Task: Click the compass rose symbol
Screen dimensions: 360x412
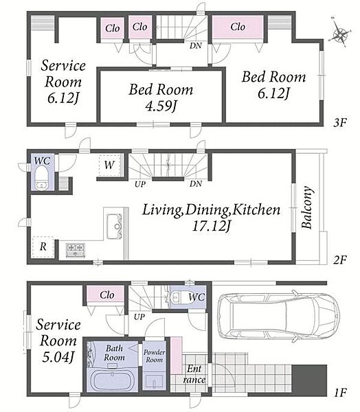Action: (x=340, y=34)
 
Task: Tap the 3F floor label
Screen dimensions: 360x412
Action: (x=340, y=122)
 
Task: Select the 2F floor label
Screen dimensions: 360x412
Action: (x=340, y=260)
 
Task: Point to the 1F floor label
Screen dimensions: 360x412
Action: (x=340, y=393)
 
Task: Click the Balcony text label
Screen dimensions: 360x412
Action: (x=307, y=207)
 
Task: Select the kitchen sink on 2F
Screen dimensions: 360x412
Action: (x=115, y=227)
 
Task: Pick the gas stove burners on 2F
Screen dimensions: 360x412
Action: (x=76, y=250)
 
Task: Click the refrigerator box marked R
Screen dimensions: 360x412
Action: (x=43, y=247)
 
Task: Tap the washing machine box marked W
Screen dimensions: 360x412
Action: (x=110, y=165)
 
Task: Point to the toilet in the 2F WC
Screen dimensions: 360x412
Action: (x=41, y=178)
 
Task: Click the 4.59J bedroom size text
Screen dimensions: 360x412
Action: (x=161, y=106)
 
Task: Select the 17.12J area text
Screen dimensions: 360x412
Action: (x=212, y=226)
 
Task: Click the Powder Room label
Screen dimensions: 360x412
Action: (x=155, y=356)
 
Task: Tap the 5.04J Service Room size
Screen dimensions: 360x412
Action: (x=58, y=357)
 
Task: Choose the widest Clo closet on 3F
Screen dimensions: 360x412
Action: (x=238, y=27)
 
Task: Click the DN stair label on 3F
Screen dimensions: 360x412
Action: (x=196, y=46)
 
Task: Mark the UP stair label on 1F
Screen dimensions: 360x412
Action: (x=139, y=317)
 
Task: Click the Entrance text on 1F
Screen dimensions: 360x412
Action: (x=194, y=374)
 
